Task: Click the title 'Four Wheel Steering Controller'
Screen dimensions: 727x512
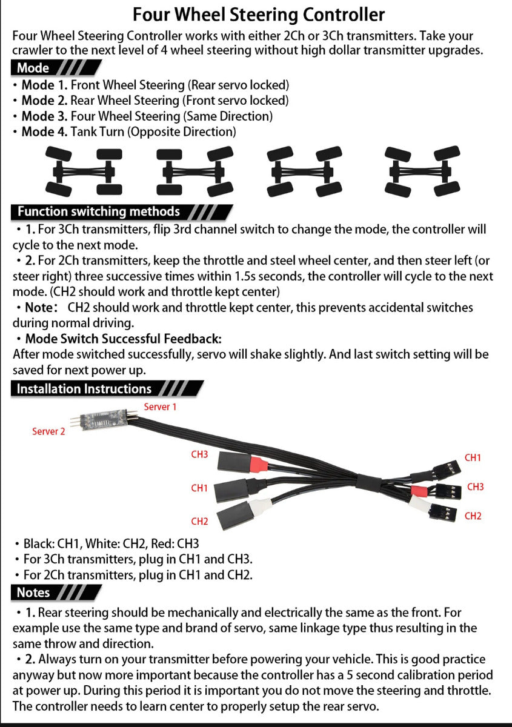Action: coord(258,14)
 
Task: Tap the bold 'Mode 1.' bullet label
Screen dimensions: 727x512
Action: coord(44,85)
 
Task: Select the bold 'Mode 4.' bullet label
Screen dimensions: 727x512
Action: coord(44,131)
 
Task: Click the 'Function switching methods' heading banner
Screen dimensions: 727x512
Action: coord(99,211)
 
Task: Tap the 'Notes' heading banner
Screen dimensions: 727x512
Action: coord(33,592)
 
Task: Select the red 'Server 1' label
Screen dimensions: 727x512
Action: coord(160,407)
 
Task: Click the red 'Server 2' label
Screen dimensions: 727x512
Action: coord(48,431)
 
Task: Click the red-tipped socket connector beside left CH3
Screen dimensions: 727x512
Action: coord(239,465)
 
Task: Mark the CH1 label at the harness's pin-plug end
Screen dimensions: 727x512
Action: coord(473,458)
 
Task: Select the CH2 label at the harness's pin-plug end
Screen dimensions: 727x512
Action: coord(473,516)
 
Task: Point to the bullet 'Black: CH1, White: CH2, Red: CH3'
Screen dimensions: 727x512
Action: coord(111,543)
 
